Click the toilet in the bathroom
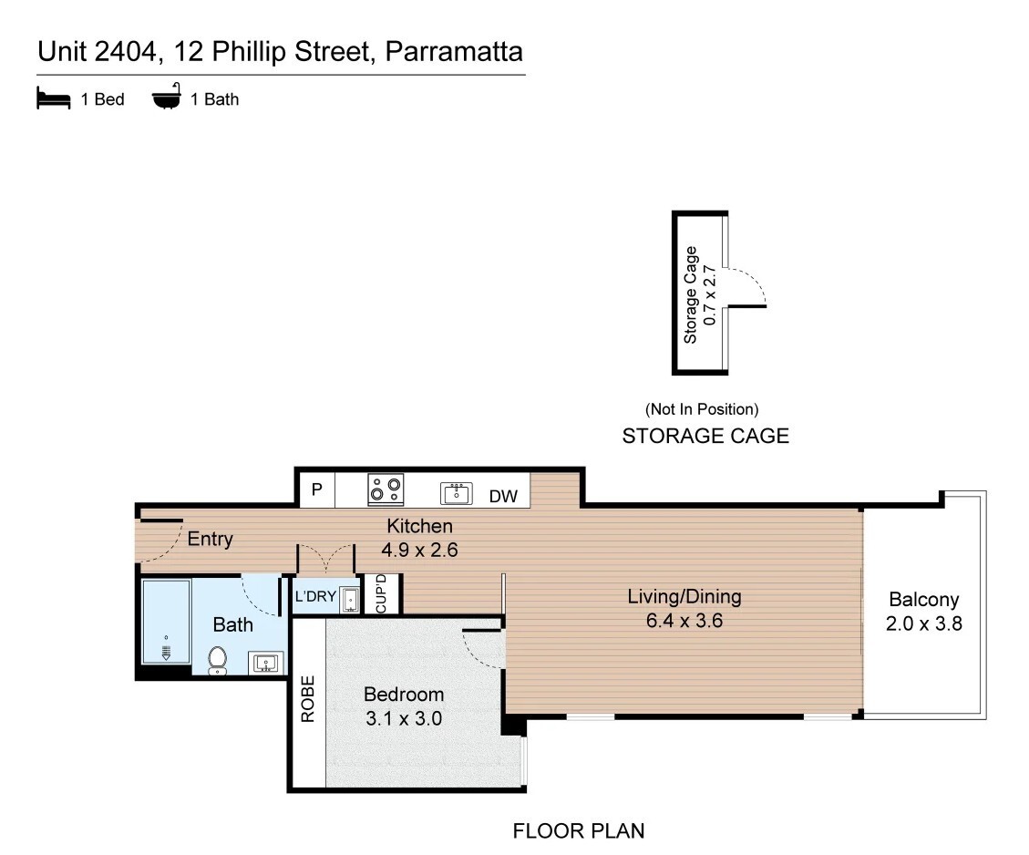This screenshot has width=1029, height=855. click(217, 660)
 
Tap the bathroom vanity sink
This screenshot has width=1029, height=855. click(266, 664)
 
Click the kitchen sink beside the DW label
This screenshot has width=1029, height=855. click(456, 493)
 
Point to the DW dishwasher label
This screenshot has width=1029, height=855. click(503, 497)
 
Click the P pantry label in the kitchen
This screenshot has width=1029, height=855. click(317, 489)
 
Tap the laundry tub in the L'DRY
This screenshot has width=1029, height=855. click(350, 599)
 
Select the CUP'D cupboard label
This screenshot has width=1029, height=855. click(381, 593)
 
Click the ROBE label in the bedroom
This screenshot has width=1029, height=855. click(308, 699)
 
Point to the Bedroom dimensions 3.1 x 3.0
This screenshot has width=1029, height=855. click(404, 718)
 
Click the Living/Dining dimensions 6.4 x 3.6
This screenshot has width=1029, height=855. click(684, 621)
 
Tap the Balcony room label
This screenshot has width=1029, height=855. click(924, 600)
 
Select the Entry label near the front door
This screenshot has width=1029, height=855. click(210, 540)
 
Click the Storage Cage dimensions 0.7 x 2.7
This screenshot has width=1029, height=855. click(709, 295)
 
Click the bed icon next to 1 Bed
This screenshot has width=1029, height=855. click(53, 98)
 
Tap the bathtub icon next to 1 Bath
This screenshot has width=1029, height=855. click(167, 97)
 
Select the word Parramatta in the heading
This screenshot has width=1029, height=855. click(454, 52)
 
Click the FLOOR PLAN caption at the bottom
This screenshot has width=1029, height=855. click(578, 830)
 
